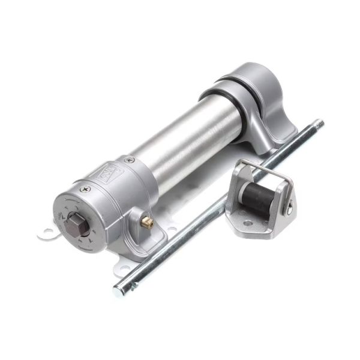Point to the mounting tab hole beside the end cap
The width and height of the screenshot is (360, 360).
point(47,230)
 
